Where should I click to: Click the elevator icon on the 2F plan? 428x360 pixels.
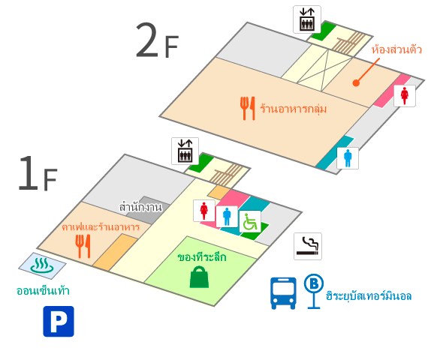click(307, 19)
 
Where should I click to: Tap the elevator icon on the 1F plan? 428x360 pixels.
click(185, 151)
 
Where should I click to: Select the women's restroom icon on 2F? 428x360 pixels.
click(405, 96)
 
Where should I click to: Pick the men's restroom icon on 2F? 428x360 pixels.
click(348, 158)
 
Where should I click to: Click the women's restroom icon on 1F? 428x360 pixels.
click(204, 211)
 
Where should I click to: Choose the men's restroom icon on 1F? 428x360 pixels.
click(227, 217)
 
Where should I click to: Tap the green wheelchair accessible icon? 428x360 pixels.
click(250, 221)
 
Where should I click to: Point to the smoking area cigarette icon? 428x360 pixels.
click(308, 246)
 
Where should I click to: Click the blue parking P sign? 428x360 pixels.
click(59, 321)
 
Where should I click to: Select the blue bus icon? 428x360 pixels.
click(283, 293)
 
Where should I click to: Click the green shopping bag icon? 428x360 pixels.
click(199, 277)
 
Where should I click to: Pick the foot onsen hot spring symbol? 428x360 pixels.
click(42, 265)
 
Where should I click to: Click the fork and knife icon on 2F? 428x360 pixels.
click(248, 108)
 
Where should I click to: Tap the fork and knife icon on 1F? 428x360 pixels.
click(83, 246)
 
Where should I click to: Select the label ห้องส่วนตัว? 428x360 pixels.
click(396, 49)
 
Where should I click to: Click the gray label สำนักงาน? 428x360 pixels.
click(140, 207)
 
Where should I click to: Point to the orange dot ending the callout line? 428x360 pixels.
click(356, 83)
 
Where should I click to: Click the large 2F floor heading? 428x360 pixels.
click(157, 40)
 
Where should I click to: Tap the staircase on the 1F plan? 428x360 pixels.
click(227, 175)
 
